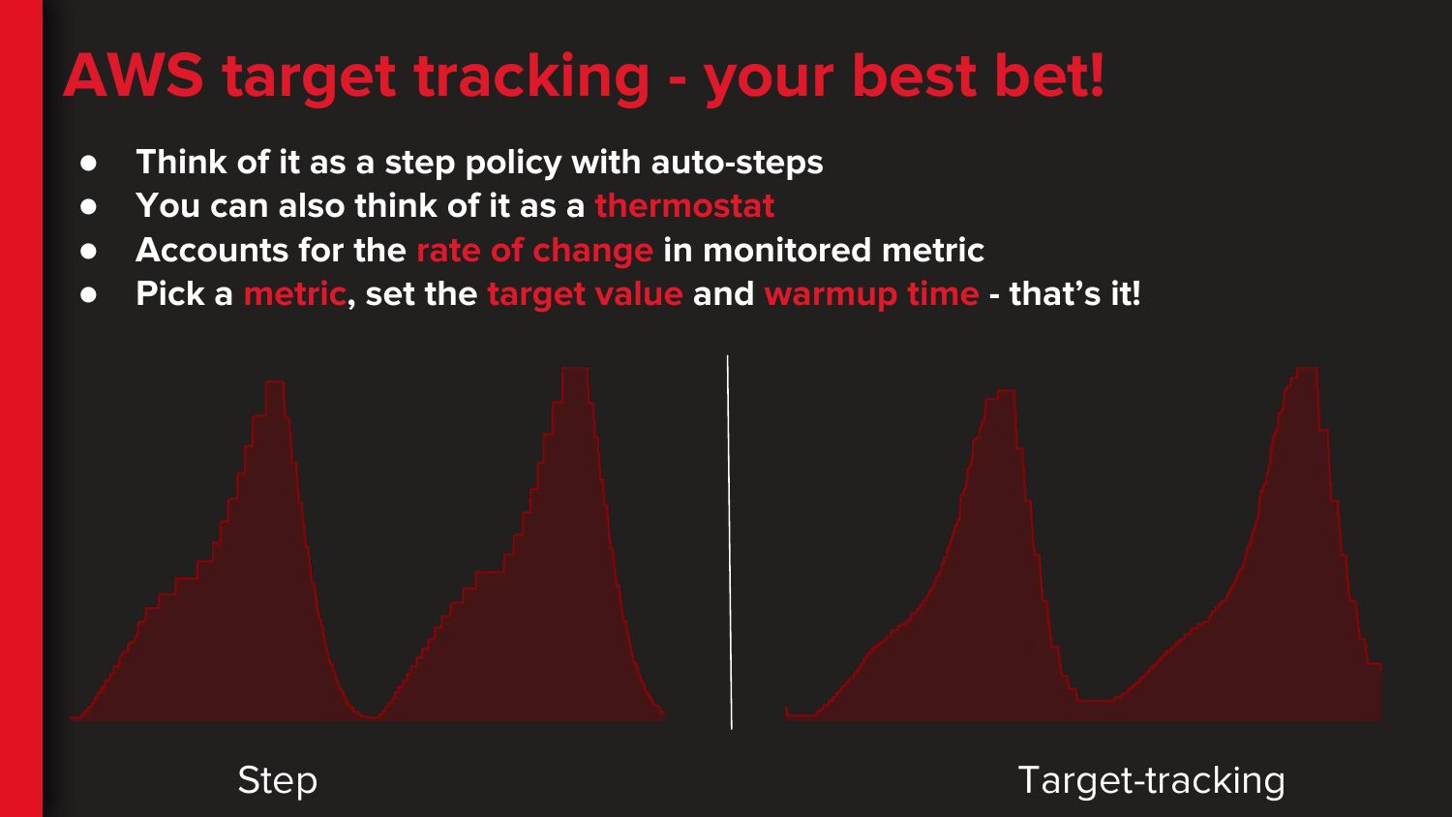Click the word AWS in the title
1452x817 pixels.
134,76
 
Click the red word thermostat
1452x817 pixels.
684,205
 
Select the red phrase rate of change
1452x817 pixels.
534,251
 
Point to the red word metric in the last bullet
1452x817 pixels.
295,293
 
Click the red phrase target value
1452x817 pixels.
586,294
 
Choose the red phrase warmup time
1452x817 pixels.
872,294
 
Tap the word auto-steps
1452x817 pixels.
737,162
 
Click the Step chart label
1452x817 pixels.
278,780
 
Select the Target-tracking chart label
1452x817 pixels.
1152,780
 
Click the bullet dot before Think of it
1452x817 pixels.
88,163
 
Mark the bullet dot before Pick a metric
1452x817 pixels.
88,295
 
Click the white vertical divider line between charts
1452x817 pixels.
730,542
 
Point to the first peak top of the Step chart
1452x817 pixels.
275,382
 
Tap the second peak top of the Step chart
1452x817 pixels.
575,368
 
